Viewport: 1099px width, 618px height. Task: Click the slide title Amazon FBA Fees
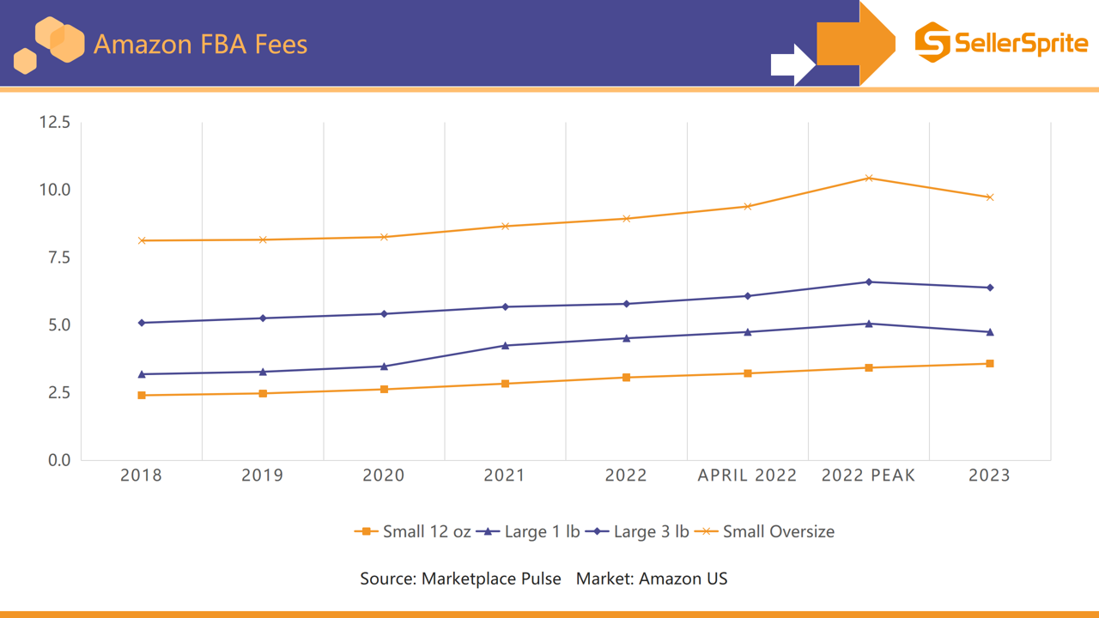(200, 44)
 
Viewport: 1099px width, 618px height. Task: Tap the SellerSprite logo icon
(932, 42)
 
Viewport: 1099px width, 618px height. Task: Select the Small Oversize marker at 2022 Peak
(869, 179)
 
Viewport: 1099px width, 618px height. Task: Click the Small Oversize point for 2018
(142, 240)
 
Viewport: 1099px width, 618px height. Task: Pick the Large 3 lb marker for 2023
(990, 288)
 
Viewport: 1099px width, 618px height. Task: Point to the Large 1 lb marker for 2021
(505, 346)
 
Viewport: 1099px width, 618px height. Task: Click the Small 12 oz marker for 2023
(990, 364)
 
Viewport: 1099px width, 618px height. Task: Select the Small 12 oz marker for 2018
(142, 395)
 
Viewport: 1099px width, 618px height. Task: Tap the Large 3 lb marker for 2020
(384, 314)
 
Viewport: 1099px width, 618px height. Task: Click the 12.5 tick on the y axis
(55, 123)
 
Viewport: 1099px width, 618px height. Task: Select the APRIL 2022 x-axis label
(747, 476)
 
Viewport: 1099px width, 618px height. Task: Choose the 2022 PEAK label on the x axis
(868, 476)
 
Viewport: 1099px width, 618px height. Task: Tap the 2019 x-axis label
(263, 476)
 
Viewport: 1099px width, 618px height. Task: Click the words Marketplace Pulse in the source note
(491, 579)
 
